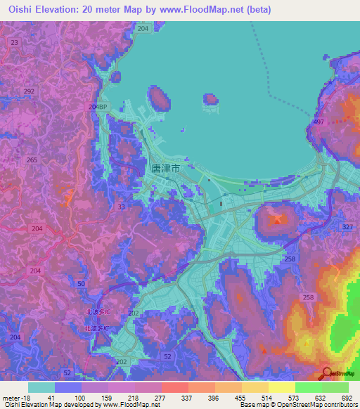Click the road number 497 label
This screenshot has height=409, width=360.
[x=319, y=122]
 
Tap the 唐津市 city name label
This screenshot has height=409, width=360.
[x=165, y=169]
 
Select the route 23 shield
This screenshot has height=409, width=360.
[x=14, y=42]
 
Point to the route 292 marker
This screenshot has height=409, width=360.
[x=29, y=91]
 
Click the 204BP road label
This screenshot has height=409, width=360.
[x=98, y=106]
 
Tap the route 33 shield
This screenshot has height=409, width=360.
[x=122, y=207]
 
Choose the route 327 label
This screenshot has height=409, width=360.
[x=347, y=227]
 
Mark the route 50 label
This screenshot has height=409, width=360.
[x=82, y=283]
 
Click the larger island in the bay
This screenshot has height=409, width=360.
[x=159, y=98]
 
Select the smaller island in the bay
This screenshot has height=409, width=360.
[x=210, y=99]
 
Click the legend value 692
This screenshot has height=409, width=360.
[x=345, y=397]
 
